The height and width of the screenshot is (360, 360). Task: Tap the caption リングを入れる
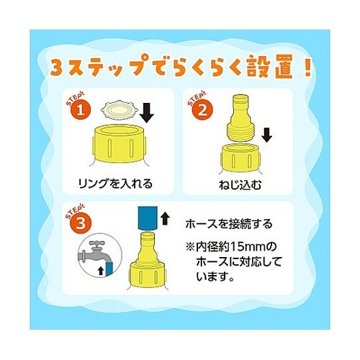117,184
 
